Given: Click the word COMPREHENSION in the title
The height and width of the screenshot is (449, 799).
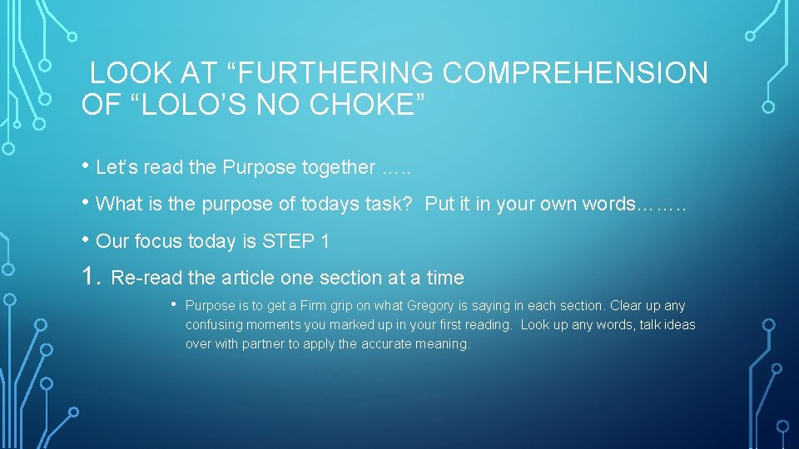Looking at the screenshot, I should (x=575, y=73).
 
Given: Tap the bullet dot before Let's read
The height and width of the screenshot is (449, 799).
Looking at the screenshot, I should (x=87, y=166).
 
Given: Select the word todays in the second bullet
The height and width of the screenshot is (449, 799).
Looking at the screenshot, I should (x=327, y=205).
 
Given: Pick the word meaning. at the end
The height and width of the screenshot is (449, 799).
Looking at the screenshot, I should (x=445, y=343).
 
